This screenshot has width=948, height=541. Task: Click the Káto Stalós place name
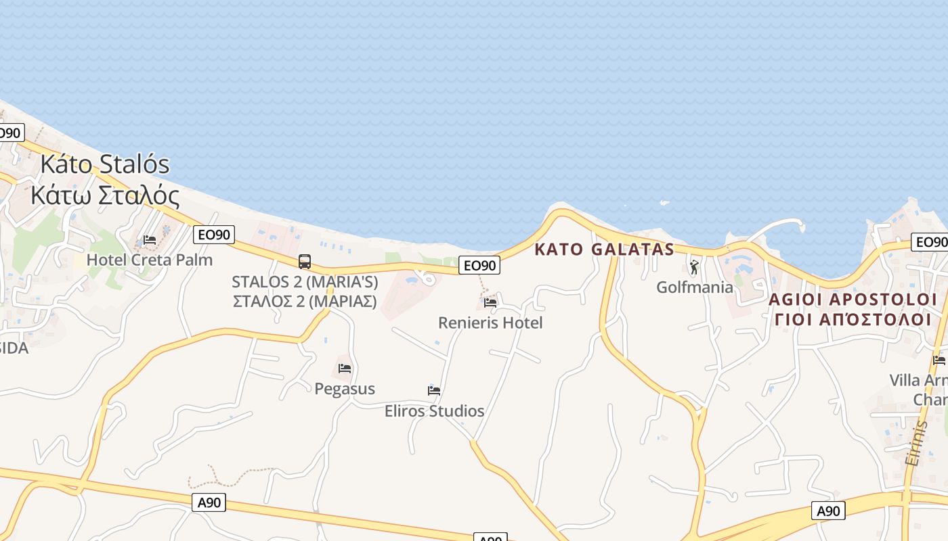(105, 164)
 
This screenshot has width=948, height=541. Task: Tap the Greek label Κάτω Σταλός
(105, 195)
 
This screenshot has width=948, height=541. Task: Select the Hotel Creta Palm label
(150, 260)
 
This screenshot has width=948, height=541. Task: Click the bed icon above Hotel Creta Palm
(150, 240)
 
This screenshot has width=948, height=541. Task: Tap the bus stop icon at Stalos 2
(305, 262)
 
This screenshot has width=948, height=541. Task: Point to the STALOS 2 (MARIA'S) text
(305, 281)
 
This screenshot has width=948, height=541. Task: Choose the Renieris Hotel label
(490, 323)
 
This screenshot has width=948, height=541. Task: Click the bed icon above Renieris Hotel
(490, 303)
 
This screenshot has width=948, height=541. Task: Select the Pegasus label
(345, 389)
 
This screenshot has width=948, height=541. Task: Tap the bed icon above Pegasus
(345, 369)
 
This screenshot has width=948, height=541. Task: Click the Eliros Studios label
(434, 410)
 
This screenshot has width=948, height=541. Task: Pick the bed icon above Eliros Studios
(434, 391)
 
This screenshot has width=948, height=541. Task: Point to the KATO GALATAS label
(604, 250)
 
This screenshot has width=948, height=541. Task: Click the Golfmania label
(695, 287)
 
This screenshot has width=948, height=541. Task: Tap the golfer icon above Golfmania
(694, 267)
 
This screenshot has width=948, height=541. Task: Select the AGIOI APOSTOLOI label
(853, 300)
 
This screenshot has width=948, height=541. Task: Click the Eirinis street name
(916, 443)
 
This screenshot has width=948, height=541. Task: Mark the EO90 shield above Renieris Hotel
(479, 266)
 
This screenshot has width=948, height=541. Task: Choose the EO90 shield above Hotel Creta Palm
(214, 235)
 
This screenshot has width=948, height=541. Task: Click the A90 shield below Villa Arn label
(828, 511)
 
